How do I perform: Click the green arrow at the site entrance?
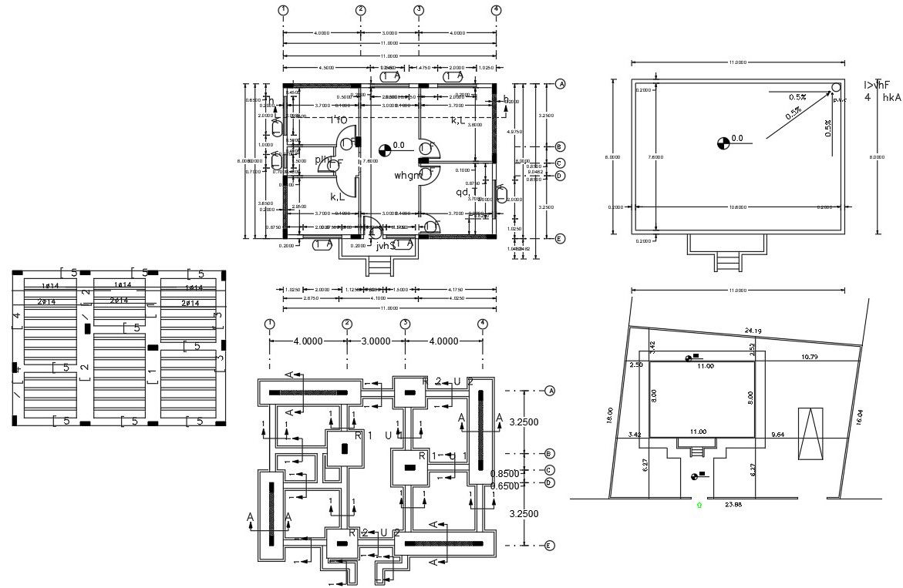699,505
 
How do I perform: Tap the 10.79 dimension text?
810,357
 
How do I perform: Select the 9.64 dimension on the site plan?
781,435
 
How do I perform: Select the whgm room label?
408,176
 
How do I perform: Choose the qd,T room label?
466,192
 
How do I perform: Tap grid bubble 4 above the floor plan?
496,10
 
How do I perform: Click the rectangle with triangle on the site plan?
810,434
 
